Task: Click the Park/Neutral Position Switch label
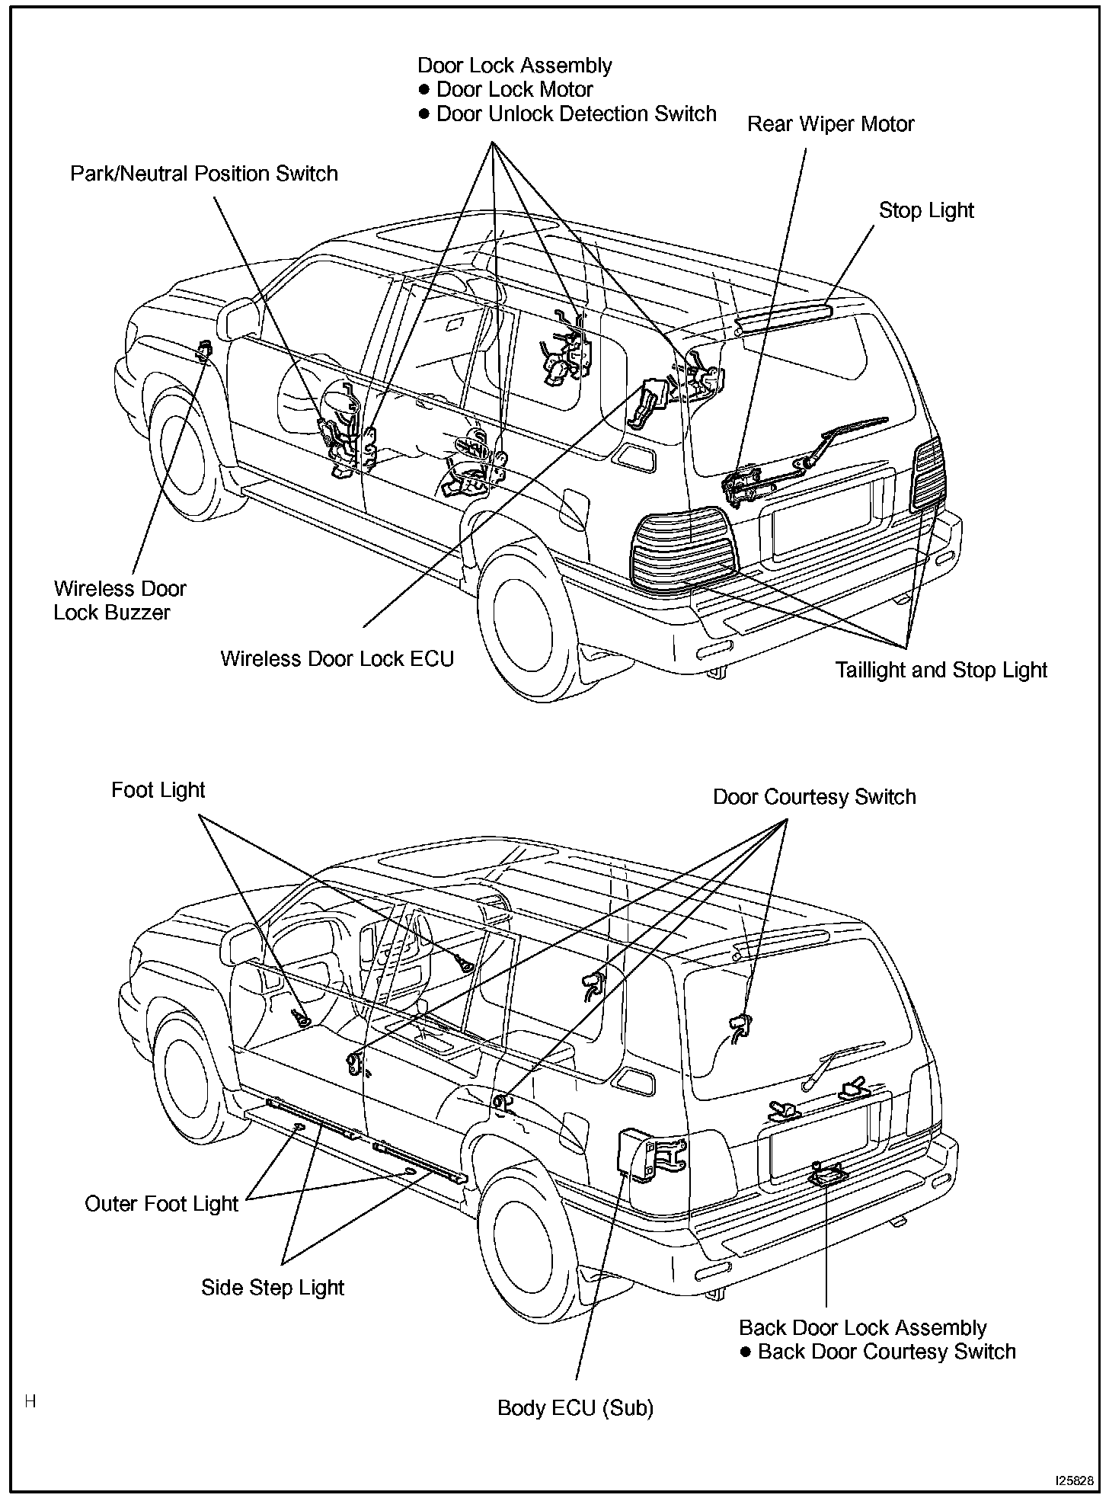point(203,174)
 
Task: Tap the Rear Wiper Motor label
point(830,124)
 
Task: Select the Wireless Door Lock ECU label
point(337,658)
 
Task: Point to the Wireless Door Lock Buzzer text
point(120,600)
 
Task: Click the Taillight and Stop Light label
point(941,670)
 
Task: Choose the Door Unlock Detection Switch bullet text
point(576,114)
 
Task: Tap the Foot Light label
point(158,790)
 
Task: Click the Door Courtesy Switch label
point(813,797)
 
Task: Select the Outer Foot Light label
point(161,1204)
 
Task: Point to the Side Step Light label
point(273,1288)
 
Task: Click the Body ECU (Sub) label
point(575,1408)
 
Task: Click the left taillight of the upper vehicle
point(682,549)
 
